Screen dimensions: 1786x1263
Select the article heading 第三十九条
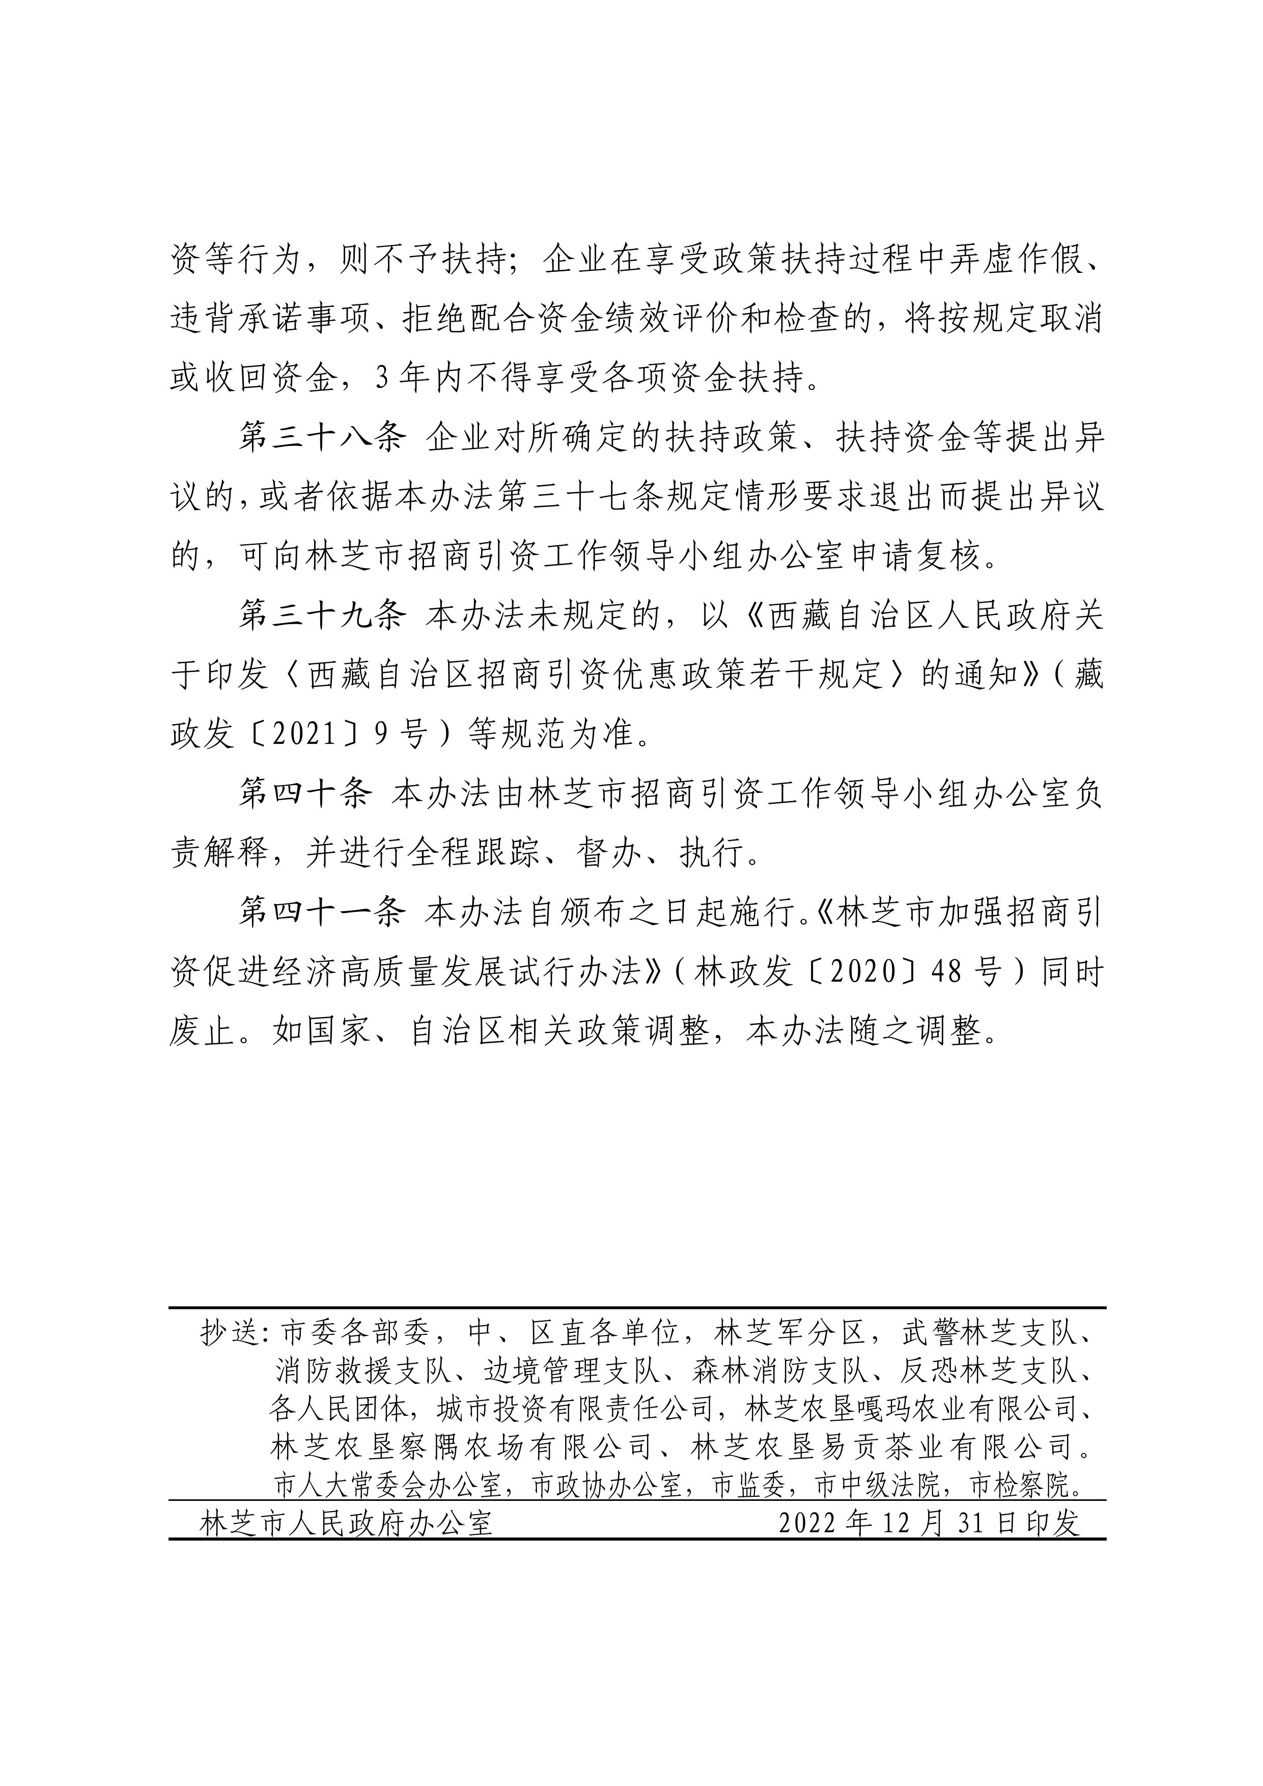[322, 616]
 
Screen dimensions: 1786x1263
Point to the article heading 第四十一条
[322, 912]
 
